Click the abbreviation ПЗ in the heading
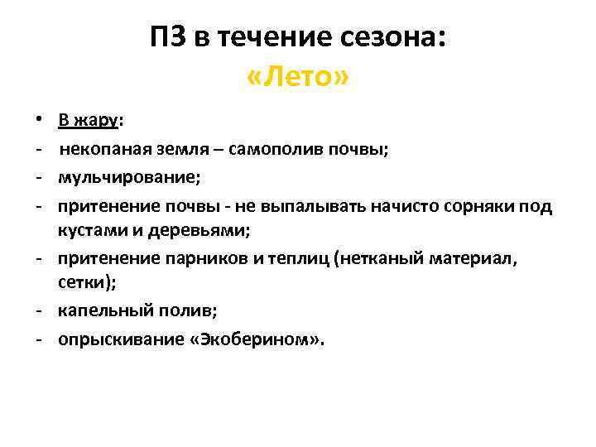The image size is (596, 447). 169,37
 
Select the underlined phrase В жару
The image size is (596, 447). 89,121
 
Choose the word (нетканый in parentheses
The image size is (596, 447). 372,260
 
